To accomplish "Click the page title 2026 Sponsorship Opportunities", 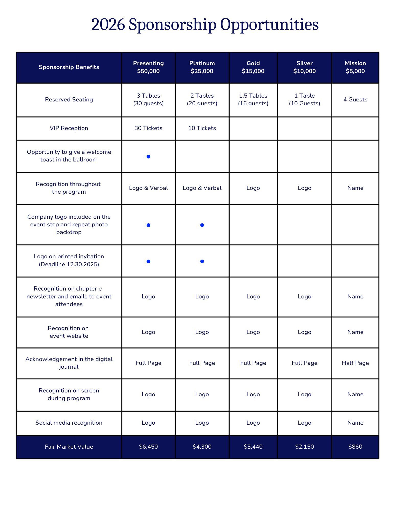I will (205, 25).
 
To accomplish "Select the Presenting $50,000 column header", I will (148, 67).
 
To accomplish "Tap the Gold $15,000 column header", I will (253, 67).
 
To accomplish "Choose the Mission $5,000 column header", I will (355, 67).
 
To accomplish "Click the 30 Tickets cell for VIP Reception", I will (148, 128).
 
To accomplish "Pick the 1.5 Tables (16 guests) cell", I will (253, 100).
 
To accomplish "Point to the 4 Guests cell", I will (355, 100).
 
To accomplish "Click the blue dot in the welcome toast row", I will (148, 157).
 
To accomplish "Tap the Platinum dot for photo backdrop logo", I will (202, 225).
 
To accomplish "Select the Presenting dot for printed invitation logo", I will (148, 261).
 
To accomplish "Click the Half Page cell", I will (355, 363).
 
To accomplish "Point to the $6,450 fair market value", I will (148, 447).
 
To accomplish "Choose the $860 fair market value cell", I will (355, 447).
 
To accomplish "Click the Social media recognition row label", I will (69, 423).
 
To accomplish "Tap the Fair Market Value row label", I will (69, 447).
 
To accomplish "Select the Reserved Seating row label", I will (69, 100).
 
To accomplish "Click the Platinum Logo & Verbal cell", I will (202, 188).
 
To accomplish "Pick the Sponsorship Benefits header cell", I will (69, 67).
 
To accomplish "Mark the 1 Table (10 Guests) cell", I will (304, 100).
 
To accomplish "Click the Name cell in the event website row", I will (355, 332).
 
